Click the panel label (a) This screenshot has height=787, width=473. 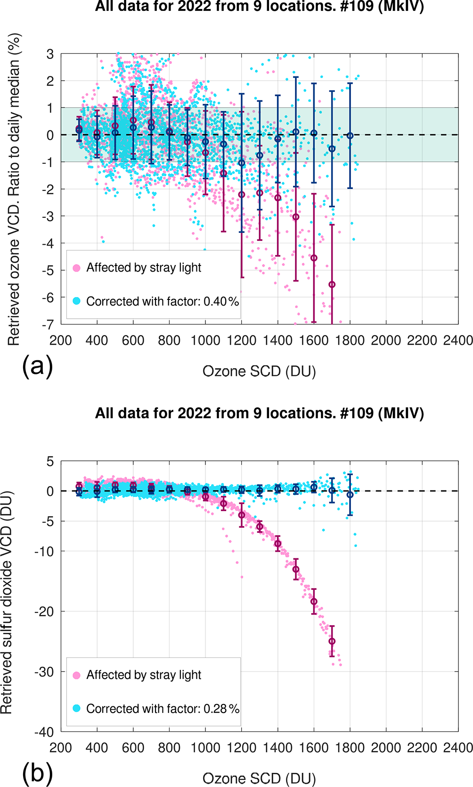point(37,366)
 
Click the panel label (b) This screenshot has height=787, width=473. point(37,774)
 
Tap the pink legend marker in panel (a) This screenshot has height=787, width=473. point(76,268)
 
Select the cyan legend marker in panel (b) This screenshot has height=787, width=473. point(76,708)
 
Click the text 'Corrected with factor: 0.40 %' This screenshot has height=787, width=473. point(163,301)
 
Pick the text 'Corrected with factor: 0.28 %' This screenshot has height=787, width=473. point(163,709)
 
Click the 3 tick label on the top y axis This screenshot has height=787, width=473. point(50,54)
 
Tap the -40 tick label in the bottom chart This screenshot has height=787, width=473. point(44,732)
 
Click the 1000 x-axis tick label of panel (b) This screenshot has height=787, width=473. point(205,748)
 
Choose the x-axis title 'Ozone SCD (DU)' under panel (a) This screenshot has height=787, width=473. point(259,372)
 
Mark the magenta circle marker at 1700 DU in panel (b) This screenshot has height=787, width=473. point(332,641)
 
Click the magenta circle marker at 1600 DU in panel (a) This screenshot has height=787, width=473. point(314,258)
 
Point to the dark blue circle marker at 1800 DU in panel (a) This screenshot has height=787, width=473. point(350,136)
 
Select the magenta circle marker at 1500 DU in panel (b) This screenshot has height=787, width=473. point(296,569)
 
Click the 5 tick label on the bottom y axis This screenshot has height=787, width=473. point(50,461)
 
